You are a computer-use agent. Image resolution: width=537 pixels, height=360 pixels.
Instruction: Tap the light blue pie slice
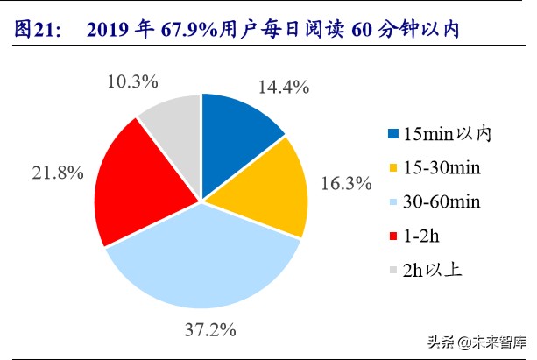point(206,263)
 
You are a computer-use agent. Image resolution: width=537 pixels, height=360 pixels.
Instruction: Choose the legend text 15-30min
point(443,167)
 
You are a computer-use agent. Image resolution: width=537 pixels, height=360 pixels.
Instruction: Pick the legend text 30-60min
point(443,201)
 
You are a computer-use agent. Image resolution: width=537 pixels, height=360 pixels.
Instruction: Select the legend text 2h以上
point(433,270)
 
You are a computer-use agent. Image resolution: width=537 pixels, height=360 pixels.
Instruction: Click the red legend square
point(391,236)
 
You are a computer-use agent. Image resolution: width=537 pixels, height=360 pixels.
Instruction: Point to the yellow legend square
point(391,167)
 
